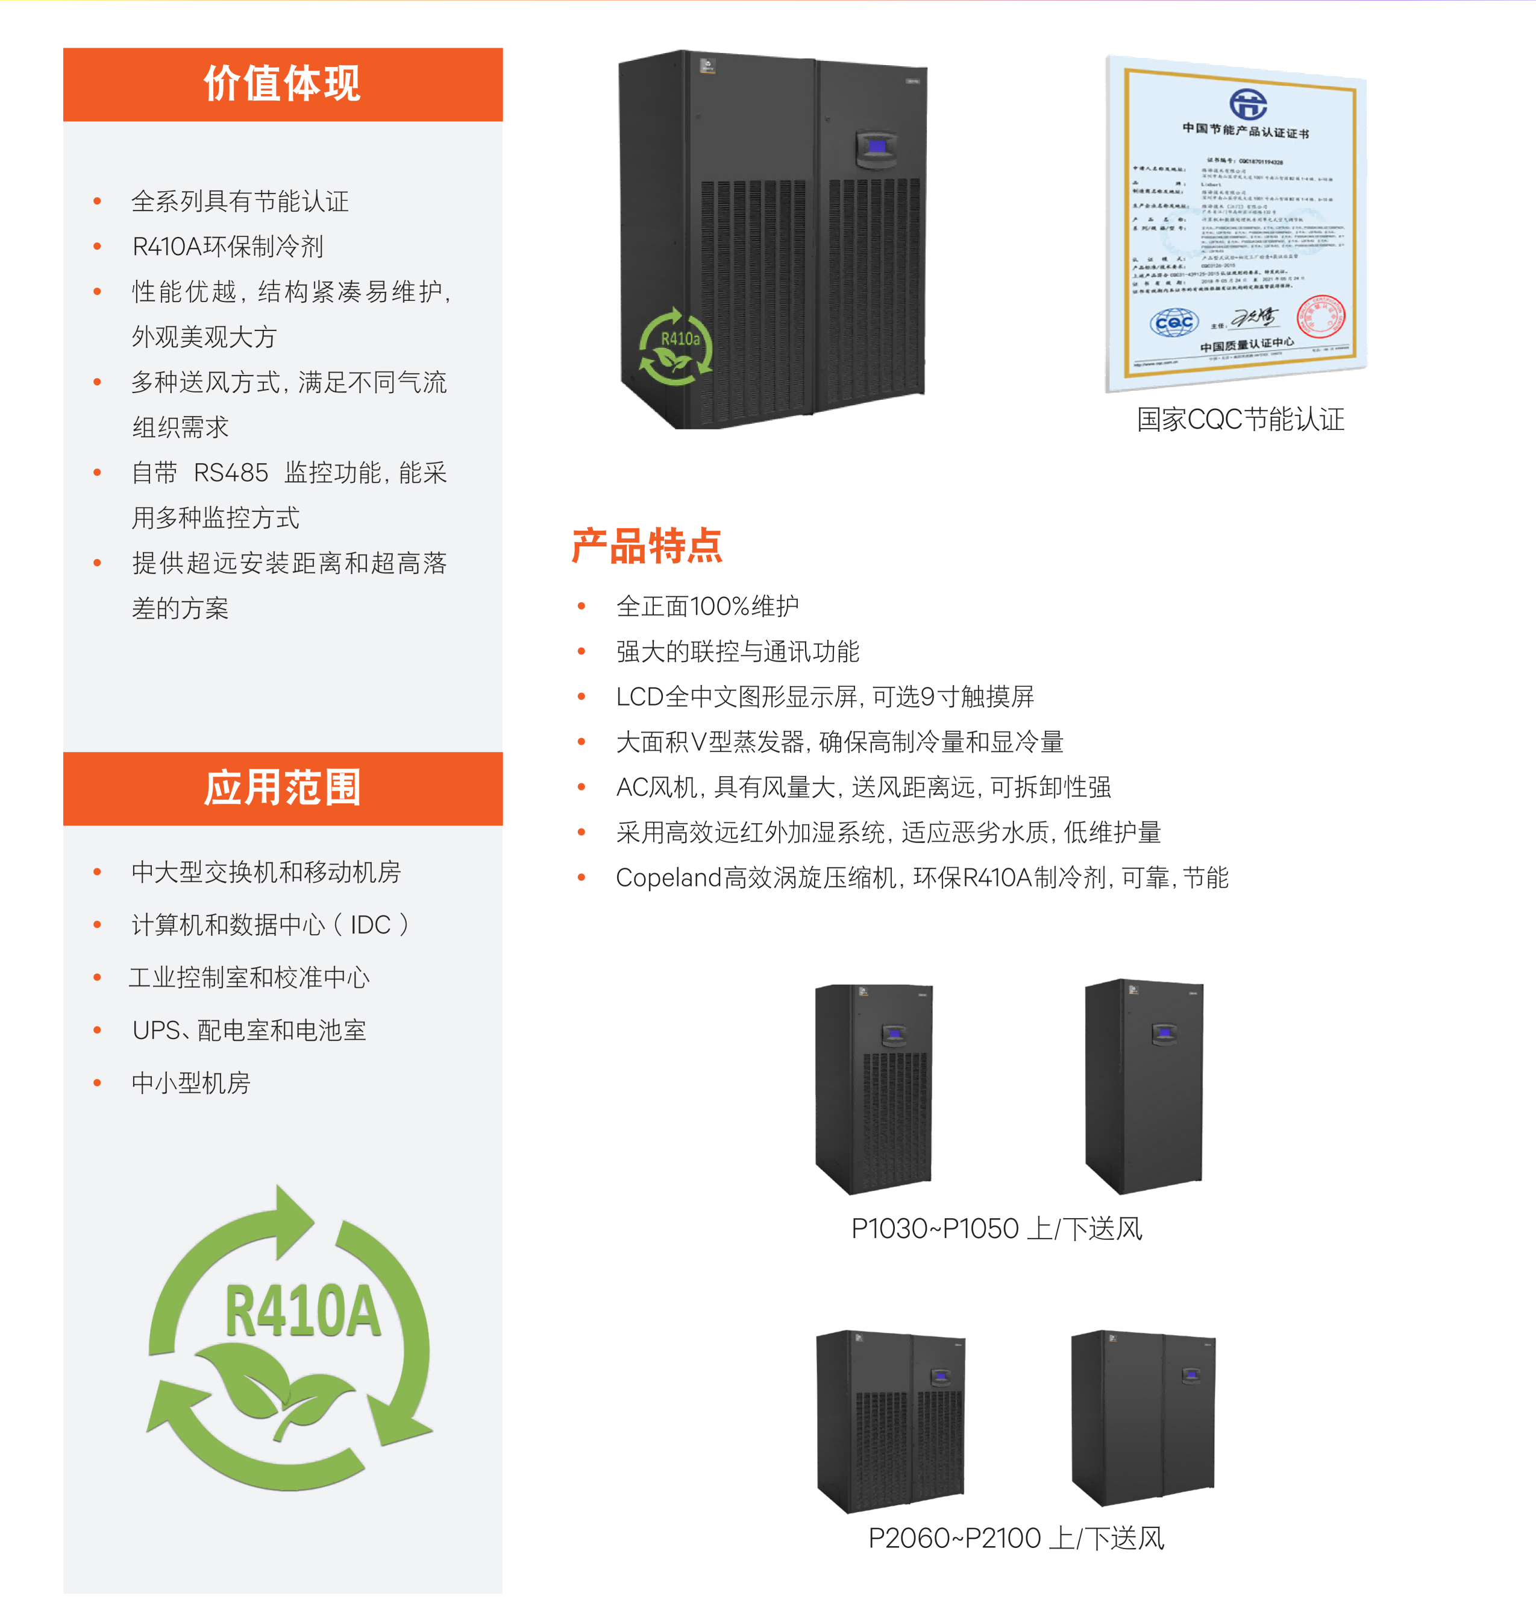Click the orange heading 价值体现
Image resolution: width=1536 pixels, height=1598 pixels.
[x=282, y=84]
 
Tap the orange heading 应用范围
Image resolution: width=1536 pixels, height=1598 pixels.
[x=282, y=788]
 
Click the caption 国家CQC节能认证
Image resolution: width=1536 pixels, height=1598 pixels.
[x=1240, y=419]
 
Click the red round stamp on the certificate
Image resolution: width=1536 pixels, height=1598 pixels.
[x=1320, y=317]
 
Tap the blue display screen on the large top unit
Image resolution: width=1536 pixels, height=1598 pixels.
[x=877, y=147]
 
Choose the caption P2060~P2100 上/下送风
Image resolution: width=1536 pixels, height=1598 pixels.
[x=1015, y=1538]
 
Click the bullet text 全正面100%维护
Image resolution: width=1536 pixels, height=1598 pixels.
[x=707, y=606]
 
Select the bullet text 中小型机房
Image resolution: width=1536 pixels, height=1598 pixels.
[x=190, y=1083]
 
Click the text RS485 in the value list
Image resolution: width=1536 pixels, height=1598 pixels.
[x=231, y=472]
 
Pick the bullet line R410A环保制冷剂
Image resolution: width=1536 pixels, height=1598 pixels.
[x=228, y=245]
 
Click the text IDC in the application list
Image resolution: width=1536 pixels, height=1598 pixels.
[x=371, y=924]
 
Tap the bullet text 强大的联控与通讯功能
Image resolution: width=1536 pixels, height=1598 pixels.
[x=738, y=651]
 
